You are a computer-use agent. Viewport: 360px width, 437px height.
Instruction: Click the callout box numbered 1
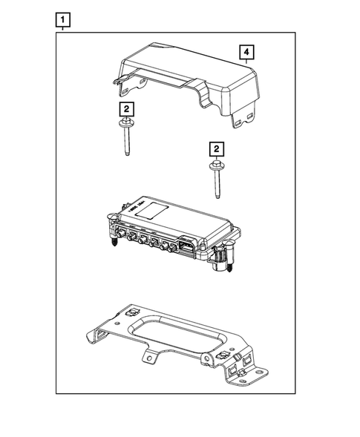pos(65,19)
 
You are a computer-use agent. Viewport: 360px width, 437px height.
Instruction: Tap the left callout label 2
pos(128,109)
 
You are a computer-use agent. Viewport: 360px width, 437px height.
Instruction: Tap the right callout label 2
pos(216,149)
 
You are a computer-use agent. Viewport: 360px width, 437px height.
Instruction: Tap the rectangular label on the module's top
pos(157,210)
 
